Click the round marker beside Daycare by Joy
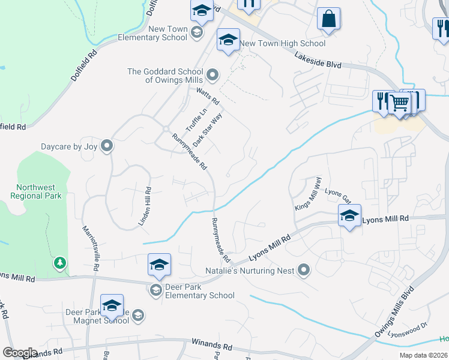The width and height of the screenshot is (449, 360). (x=107, y=146)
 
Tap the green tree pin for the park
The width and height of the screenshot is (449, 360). (x=59, y=263)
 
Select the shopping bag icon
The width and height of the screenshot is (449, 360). (x=329, y=19)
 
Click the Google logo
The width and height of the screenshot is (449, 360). (x=20, y=353)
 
